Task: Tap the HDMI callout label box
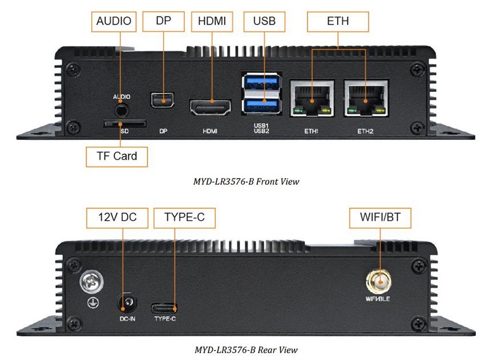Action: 212,22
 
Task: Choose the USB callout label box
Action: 264,22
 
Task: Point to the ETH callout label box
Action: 338,22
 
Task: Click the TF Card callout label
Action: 116,156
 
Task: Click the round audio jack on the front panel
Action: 121,107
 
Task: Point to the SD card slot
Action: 124,123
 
